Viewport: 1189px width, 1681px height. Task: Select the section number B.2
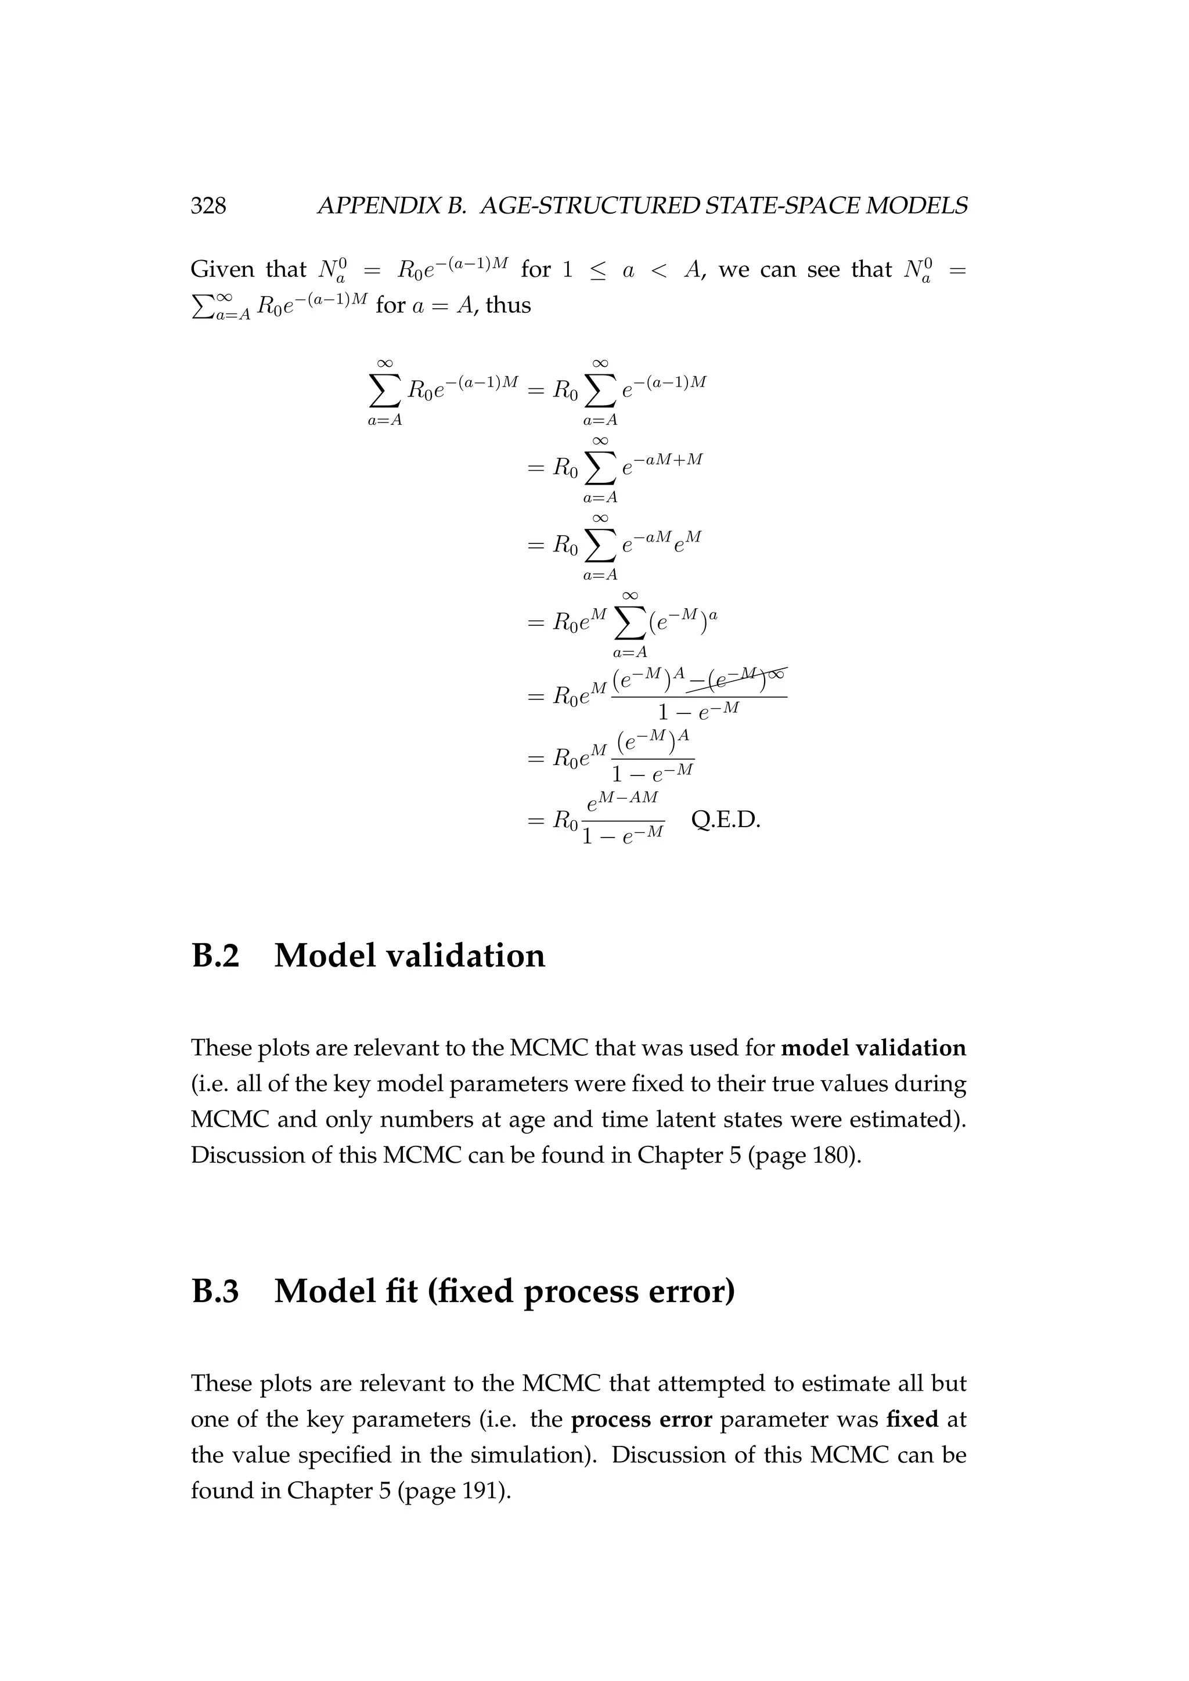click(215, 955)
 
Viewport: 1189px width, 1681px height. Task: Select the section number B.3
click(215, 1291)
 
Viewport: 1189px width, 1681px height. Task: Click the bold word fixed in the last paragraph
click(911, 1420)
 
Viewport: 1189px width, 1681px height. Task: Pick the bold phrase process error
click(642, 1420)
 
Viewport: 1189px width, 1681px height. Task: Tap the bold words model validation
click(873, 1048)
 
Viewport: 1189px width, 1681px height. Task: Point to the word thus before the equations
click(508, 305)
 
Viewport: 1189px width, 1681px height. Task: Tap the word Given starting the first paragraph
click(222, 269)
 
